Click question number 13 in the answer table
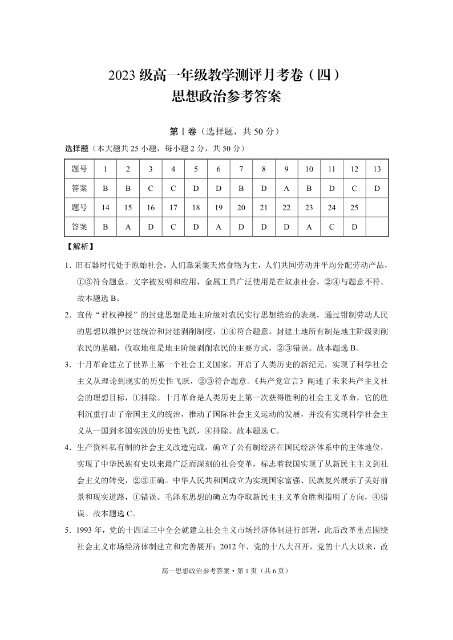click(x=377, y=169)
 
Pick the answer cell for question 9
click(x=286, y=187)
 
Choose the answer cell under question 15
click(x=128, y=226)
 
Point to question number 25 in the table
click(x=354, y=207)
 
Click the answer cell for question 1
click(x=105, y=187)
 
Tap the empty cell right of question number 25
click(x=377, y=207)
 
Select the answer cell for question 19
click(x=219, y=226)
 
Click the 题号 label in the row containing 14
click(x=79, y=207)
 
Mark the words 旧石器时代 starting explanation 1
click(x=96, y=265)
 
